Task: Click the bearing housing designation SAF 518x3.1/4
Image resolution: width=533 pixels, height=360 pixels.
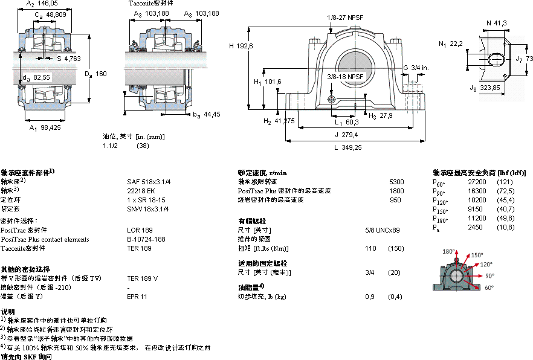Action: [x=148, y=181]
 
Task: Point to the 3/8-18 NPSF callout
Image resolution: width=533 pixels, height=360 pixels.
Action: [x=345, y=77]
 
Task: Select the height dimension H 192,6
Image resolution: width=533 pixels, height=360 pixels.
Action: [x=241, y=46]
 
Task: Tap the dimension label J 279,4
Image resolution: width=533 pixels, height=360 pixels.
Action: [x=346, y=134]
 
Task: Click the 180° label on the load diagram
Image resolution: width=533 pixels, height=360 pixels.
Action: [x=447, y=251]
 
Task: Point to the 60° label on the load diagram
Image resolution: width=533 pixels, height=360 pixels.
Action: [x=488, y=288]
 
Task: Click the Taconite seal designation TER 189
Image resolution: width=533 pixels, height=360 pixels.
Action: [x=139, y=248]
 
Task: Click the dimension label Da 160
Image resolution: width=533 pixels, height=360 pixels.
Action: [x=95, y=74]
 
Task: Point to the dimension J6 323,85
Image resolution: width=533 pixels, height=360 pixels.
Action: [x=485, y=88]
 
